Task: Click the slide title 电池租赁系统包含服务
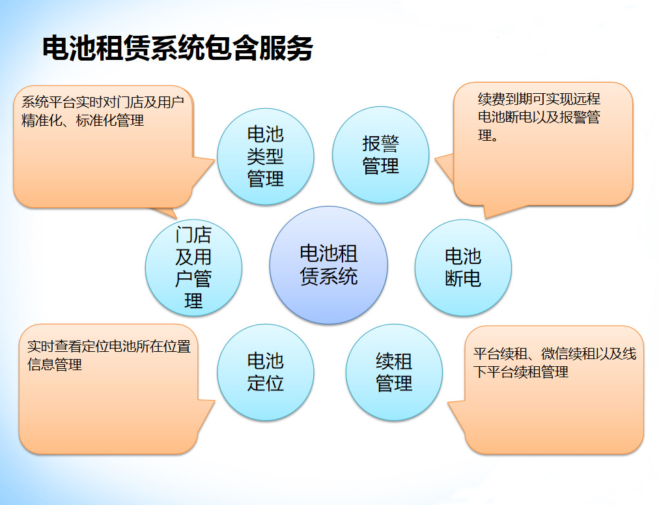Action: point(177,49)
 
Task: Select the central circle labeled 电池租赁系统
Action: point(329,265)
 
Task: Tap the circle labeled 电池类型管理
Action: point(266,156)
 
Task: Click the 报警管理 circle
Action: point(381,155)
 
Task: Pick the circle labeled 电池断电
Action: point(463,268)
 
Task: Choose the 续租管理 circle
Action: point(394,373)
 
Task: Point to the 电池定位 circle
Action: point(266,372)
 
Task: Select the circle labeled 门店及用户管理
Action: point(193,267)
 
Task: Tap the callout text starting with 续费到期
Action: point(539,117)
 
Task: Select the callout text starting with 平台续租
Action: point(554,363)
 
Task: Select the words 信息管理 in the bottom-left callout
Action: point(55,365)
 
